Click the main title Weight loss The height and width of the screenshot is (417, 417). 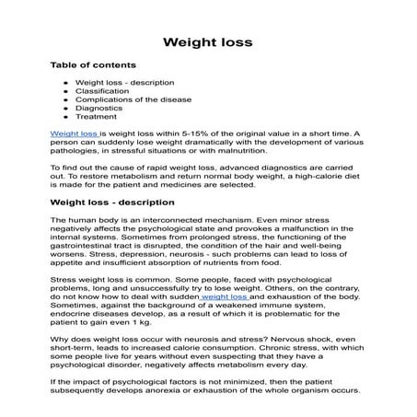tap(208, 42)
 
